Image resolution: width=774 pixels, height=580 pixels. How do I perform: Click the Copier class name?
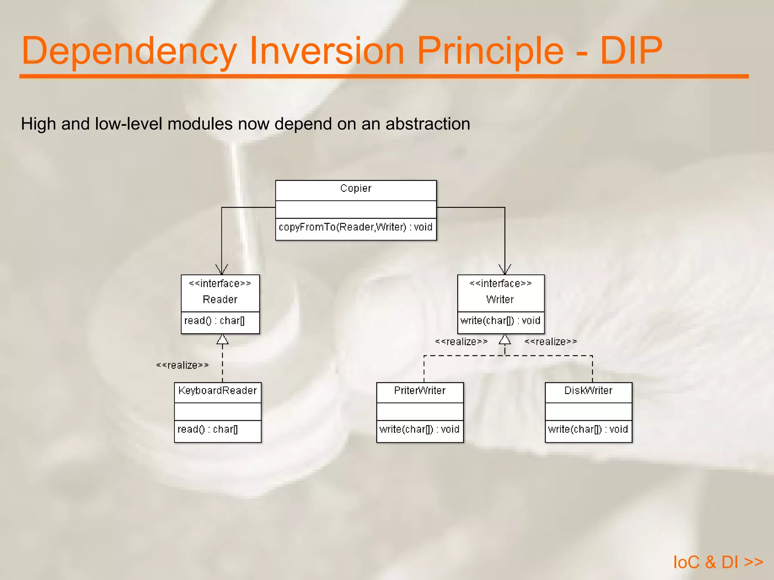coord(356,188)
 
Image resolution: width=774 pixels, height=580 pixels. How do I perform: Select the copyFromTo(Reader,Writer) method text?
coord(355,227)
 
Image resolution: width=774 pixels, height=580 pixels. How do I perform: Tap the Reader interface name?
coord(220,299)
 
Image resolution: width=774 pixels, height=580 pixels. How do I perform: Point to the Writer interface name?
coord(500,299)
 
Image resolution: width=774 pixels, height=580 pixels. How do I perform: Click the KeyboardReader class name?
coord(217,390)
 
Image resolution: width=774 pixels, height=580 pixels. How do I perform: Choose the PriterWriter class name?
coord(420,390)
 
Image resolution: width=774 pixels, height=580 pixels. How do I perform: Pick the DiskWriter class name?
coord(588,390)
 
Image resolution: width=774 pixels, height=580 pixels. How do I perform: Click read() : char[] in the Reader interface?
coord(214,321)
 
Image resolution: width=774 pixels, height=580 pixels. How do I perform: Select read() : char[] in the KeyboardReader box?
coord(207,429)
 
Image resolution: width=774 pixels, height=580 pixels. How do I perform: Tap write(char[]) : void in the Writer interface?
coord(500,321)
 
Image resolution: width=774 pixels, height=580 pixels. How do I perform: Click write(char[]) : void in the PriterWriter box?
coord(420,429)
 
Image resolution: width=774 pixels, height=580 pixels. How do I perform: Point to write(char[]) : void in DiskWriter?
coord(588,429)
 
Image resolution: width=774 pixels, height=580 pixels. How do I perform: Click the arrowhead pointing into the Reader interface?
coord(222,270)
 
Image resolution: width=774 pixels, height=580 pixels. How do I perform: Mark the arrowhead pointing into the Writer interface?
coord(505,270)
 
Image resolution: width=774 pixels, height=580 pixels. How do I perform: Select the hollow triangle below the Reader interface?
coord(223,339)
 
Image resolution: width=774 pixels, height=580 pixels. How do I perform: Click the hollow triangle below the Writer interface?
coord(505,339)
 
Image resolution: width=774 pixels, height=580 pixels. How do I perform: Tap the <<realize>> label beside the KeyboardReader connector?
coord(183,365)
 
